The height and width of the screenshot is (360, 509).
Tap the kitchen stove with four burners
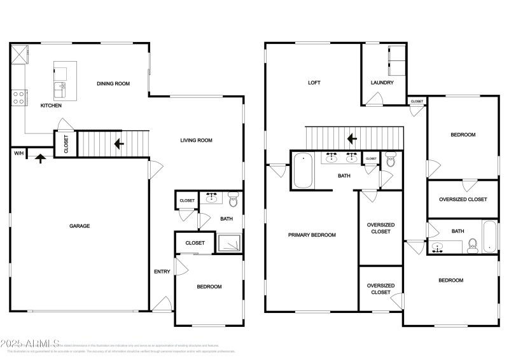coord(18,98)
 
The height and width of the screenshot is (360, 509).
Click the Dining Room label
coord(113,83)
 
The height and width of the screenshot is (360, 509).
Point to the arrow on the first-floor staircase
coord(118,144)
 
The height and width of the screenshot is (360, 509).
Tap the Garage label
coord(80,226)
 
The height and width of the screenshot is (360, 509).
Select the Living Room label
coord(196,141)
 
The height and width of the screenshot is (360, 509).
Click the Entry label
coord(162,272)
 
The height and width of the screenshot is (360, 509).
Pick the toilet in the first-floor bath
coord(233,202)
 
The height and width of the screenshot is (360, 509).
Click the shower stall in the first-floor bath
coord(229,243)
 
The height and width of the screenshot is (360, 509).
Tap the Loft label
coord(314,83)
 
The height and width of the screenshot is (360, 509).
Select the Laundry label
coord(382,83)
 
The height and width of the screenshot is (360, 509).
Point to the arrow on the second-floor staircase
coord(351,138)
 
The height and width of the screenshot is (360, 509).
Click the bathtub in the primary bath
coord(303,170)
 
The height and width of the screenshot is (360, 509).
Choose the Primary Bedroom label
coord(312,235)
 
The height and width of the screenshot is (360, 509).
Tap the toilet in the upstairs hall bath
coord(472,244)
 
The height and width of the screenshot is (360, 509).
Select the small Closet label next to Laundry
coord(417,101)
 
